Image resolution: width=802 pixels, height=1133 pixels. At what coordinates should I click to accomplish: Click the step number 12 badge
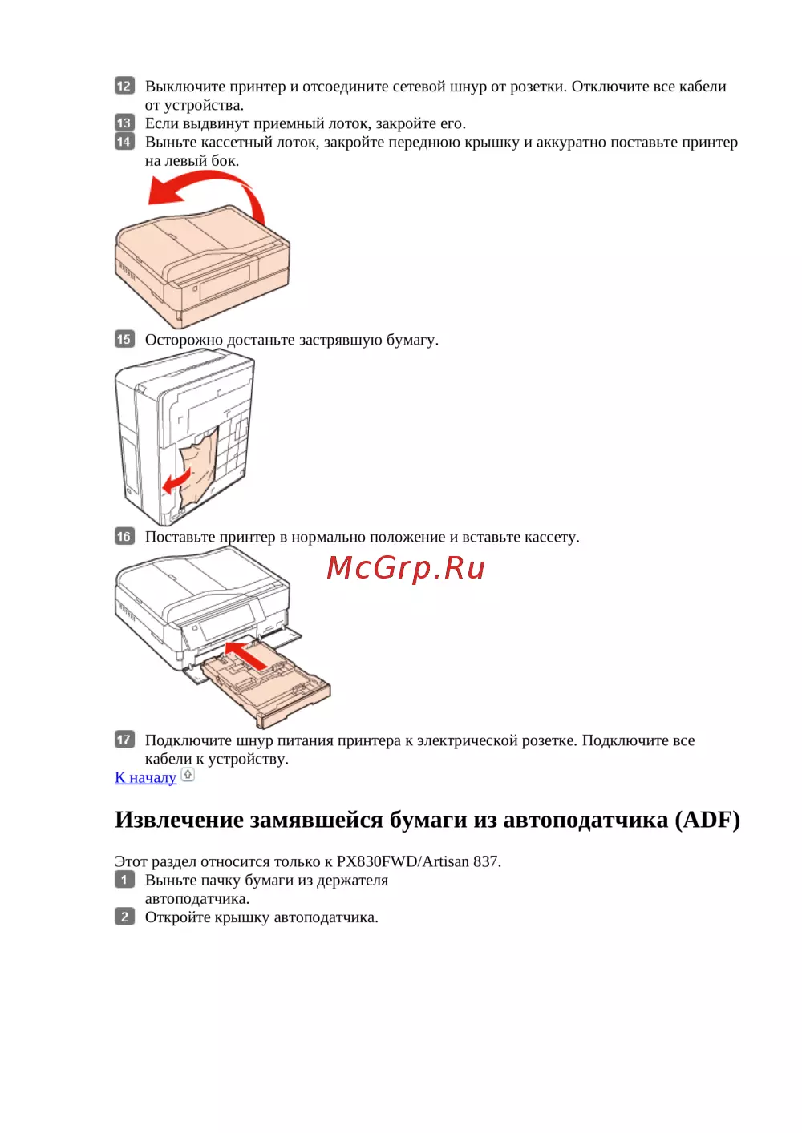(x=124, y=86)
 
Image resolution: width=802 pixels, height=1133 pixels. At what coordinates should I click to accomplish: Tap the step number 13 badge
(x=124, y=123)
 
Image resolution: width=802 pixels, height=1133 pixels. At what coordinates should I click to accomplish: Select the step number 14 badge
(x=124, y=142)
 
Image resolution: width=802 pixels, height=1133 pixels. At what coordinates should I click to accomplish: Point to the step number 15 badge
(x=124, y=339)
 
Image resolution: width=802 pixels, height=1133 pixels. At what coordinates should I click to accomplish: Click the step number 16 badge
(x=124, y=536)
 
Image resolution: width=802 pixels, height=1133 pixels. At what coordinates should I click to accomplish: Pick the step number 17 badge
(x=124, y=740)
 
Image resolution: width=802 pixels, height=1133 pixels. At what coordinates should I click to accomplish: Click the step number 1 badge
(x=124, y=880)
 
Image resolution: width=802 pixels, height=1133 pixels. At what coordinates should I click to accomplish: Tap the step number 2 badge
(x=124, y=917)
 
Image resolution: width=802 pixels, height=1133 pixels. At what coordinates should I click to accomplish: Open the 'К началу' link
(x=146, y=777)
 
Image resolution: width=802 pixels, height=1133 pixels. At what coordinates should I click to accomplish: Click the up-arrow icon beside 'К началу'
(x=188, y=774)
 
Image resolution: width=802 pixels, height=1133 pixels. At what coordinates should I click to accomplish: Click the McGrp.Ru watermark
(x=406, y=568)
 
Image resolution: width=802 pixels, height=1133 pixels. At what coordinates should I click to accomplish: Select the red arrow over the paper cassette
(x=248, y=654)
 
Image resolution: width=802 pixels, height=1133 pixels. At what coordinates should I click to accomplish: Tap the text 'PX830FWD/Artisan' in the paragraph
(x=403, y=861)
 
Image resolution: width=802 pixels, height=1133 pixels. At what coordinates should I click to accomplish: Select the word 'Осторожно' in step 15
(x=184, y=340)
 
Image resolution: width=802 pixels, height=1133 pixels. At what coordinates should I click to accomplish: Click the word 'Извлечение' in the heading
(x=179, y=820)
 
